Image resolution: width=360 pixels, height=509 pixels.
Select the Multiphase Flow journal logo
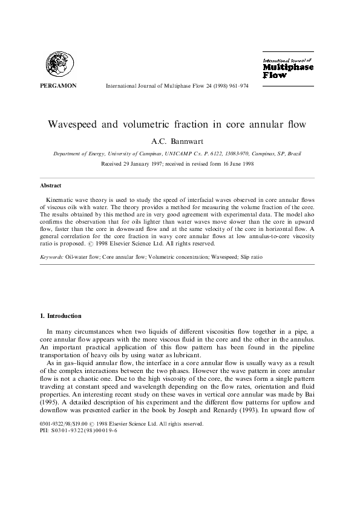point(287,68)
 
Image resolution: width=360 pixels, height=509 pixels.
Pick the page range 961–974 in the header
point(236,86)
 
